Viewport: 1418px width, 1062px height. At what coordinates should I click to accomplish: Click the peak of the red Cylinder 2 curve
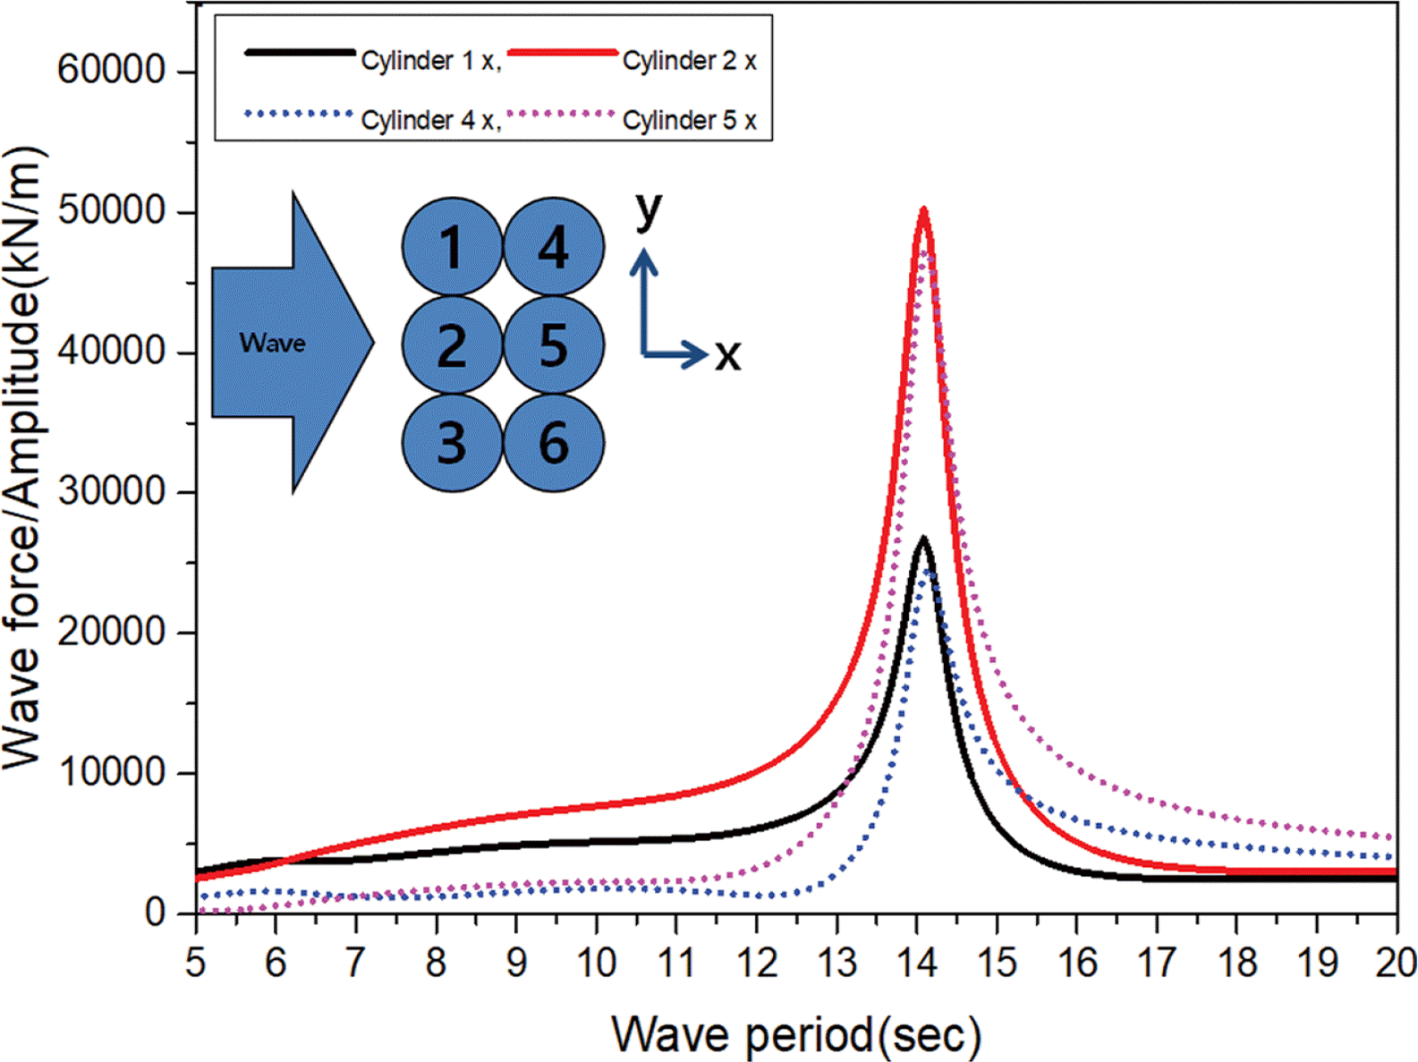coord(923,211)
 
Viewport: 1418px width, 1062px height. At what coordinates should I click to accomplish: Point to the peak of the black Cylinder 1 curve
coord(922,539)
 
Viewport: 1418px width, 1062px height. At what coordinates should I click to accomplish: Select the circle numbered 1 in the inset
coord(451,247)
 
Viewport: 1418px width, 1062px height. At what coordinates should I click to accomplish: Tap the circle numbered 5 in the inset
coord(554,344)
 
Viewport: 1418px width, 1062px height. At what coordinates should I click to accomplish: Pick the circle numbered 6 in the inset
coord(554,443)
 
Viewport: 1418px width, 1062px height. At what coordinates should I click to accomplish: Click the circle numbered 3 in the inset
coord(451,443)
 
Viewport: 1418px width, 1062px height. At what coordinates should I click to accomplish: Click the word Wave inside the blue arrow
coord(272,343)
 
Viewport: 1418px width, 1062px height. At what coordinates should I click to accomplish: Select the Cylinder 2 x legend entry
coord(689,61)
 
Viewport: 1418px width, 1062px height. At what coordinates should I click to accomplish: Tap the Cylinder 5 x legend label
coord(689,120)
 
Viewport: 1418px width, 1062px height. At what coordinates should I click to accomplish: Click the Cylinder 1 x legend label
coord(428,61)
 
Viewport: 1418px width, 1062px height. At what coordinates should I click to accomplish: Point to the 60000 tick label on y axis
coord(112,70)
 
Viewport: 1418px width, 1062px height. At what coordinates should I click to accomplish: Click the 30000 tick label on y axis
coord(112,491)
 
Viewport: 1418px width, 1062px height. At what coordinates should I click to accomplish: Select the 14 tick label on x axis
coord(917,963)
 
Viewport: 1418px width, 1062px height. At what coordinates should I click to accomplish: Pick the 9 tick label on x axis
coord(516,963)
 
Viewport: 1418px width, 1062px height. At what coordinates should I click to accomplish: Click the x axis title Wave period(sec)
coord(796,1034)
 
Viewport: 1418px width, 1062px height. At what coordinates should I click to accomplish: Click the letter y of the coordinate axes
coord(649,210)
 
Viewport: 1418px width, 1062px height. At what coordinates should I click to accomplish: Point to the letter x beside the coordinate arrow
coord(727,356)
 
